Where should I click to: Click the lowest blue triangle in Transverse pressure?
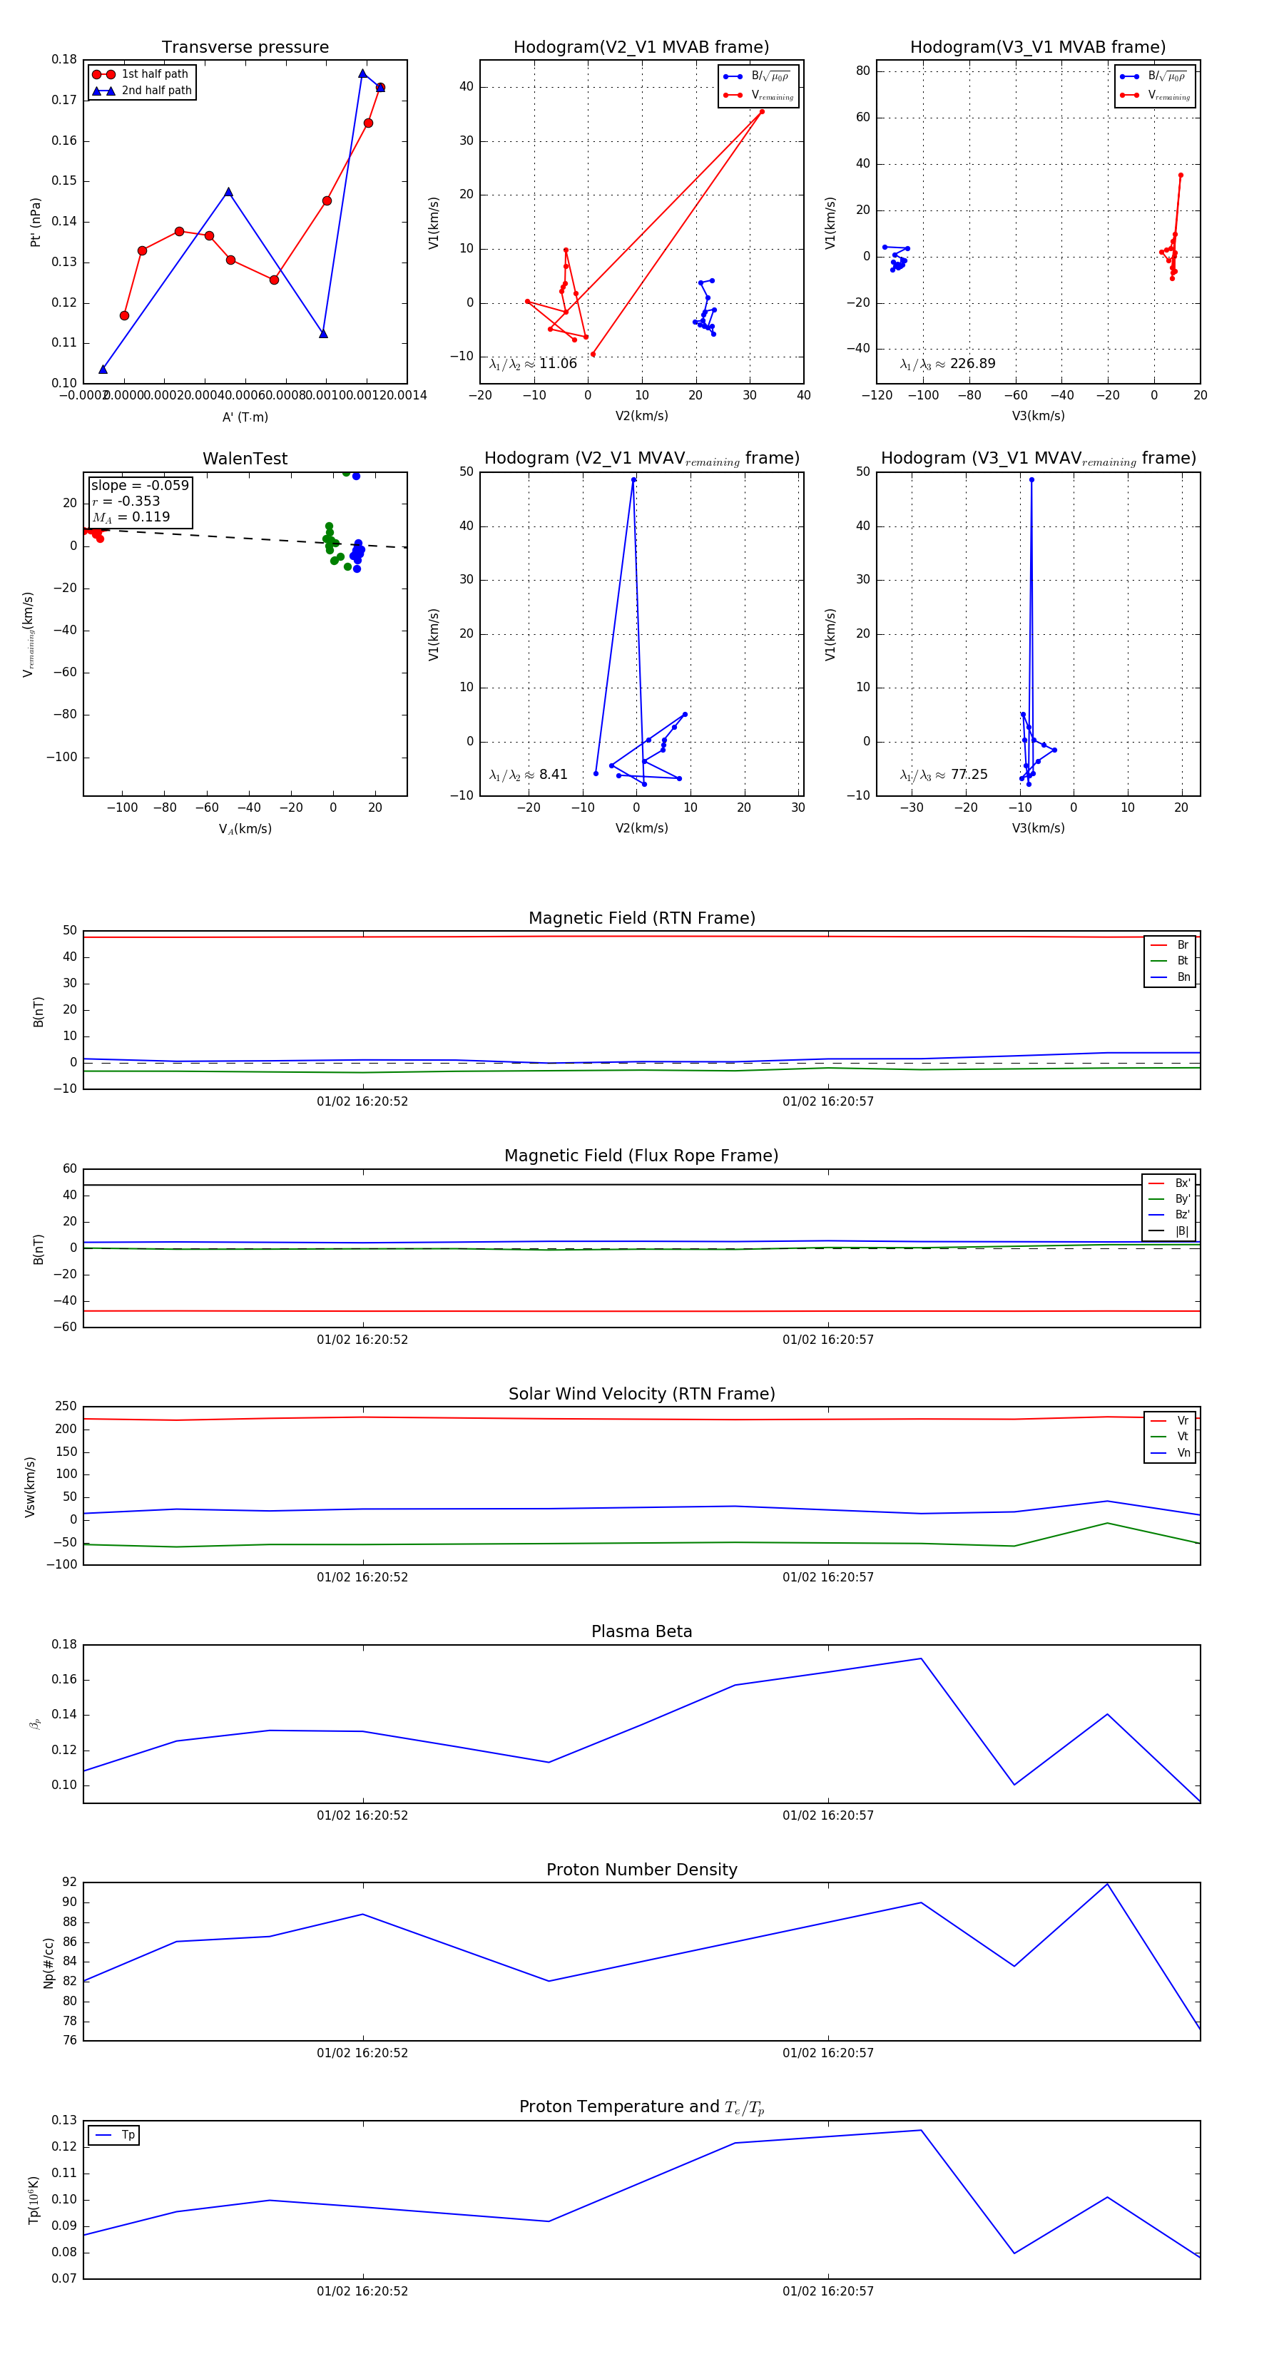coord(102,370)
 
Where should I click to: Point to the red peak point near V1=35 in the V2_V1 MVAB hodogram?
coord(762,111)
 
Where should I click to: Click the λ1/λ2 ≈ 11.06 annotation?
coord(533,364)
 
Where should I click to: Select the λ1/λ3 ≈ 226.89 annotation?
coord(948,364)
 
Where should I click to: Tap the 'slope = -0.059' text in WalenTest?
coord(140,485)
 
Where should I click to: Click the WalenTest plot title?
coord(245,459)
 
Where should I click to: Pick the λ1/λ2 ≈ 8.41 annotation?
coord(528,775)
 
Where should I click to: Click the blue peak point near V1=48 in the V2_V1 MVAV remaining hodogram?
coord(633,480)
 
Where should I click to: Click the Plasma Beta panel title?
coord(641,1631)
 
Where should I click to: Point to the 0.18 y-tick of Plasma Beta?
coord(64,1645)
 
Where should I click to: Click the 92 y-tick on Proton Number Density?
coord(69,1882)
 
